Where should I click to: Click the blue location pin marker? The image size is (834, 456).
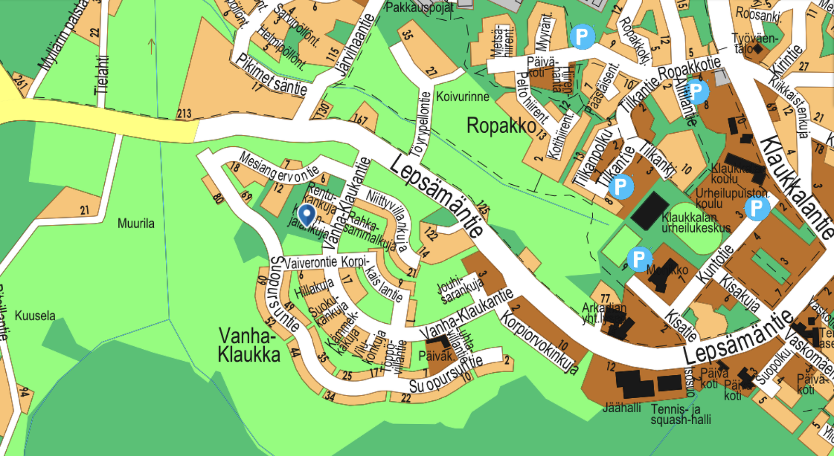pyautogui.click(x=306, y=214)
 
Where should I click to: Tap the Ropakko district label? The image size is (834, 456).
pyautogui.click(x=501, y=125)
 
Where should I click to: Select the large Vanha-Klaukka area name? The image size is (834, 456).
pyautogui.click(x=249, y=345)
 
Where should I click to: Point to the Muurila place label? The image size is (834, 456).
pyautogui.click(x=136, y=224)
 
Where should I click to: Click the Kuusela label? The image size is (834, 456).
pyautogui.click(x=35, y=315)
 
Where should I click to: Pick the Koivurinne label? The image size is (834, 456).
pyautogui.click(x=462, y=96)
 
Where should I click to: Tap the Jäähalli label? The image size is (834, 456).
pyautogui.click(x=622, y=408)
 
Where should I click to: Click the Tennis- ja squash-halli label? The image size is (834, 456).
pyautogui.click(x=680, y=414)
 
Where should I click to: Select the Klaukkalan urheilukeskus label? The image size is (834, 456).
pyautogui.click(x=695, y=222)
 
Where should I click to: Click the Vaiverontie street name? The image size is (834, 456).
pyautogui.click(x=311, y=262)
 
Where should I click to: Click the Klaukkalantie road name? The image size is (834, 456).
pyautogui.click(x=798, y=187)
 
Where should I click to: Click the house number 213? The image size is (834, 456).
pyautogui.click(x=184, y=113)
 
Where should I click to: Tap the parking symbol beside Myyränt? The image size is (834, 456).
pyautogui.click(x=582, y=36)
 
